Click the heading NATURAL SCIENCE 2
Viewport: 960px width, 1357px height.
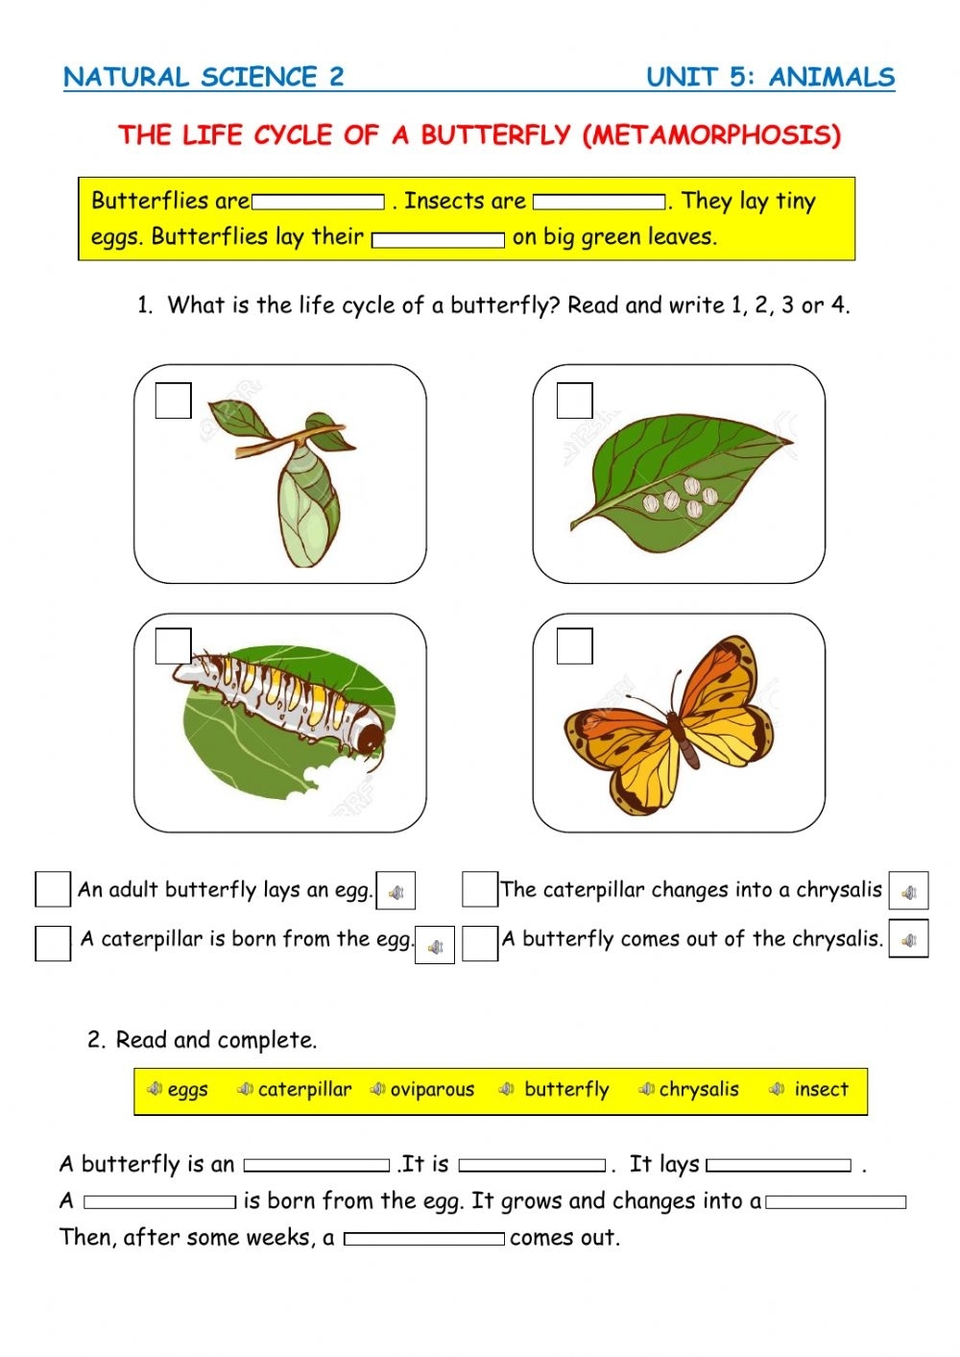click(204, 77)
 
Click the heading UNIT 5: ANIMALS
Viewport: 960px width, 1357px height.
click(770, 77)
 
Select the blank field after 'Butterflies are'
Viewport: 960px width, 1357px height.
click(318, 203)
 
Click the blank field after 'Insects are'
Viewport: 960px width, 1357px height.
click(599, 203)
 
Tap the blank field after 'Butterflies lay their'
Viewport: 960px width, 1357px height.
click(438, 239)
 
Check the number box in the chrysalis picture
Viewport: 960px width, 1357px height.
click(173, 400)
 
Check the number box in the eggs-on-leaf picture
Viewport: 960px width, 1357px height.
click(574, 400)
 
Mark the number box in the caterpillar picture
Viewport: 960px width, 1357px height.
click(173, 645)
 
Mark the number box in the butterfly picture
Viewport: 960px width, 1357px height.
click(574, 645)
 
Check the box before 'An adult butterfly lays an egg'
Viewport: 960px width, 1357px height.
click(53, 889)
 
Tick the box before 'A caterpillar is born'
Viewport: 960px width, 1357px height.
click(53, 942)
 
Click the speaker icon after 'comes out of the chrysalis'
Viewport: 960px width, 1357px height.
click(908, 939)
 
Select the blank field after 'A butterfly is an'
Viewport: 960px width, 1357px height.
click(317, 1165)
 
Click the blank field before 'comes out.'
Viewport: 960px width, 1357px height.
click(423, 1239)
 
